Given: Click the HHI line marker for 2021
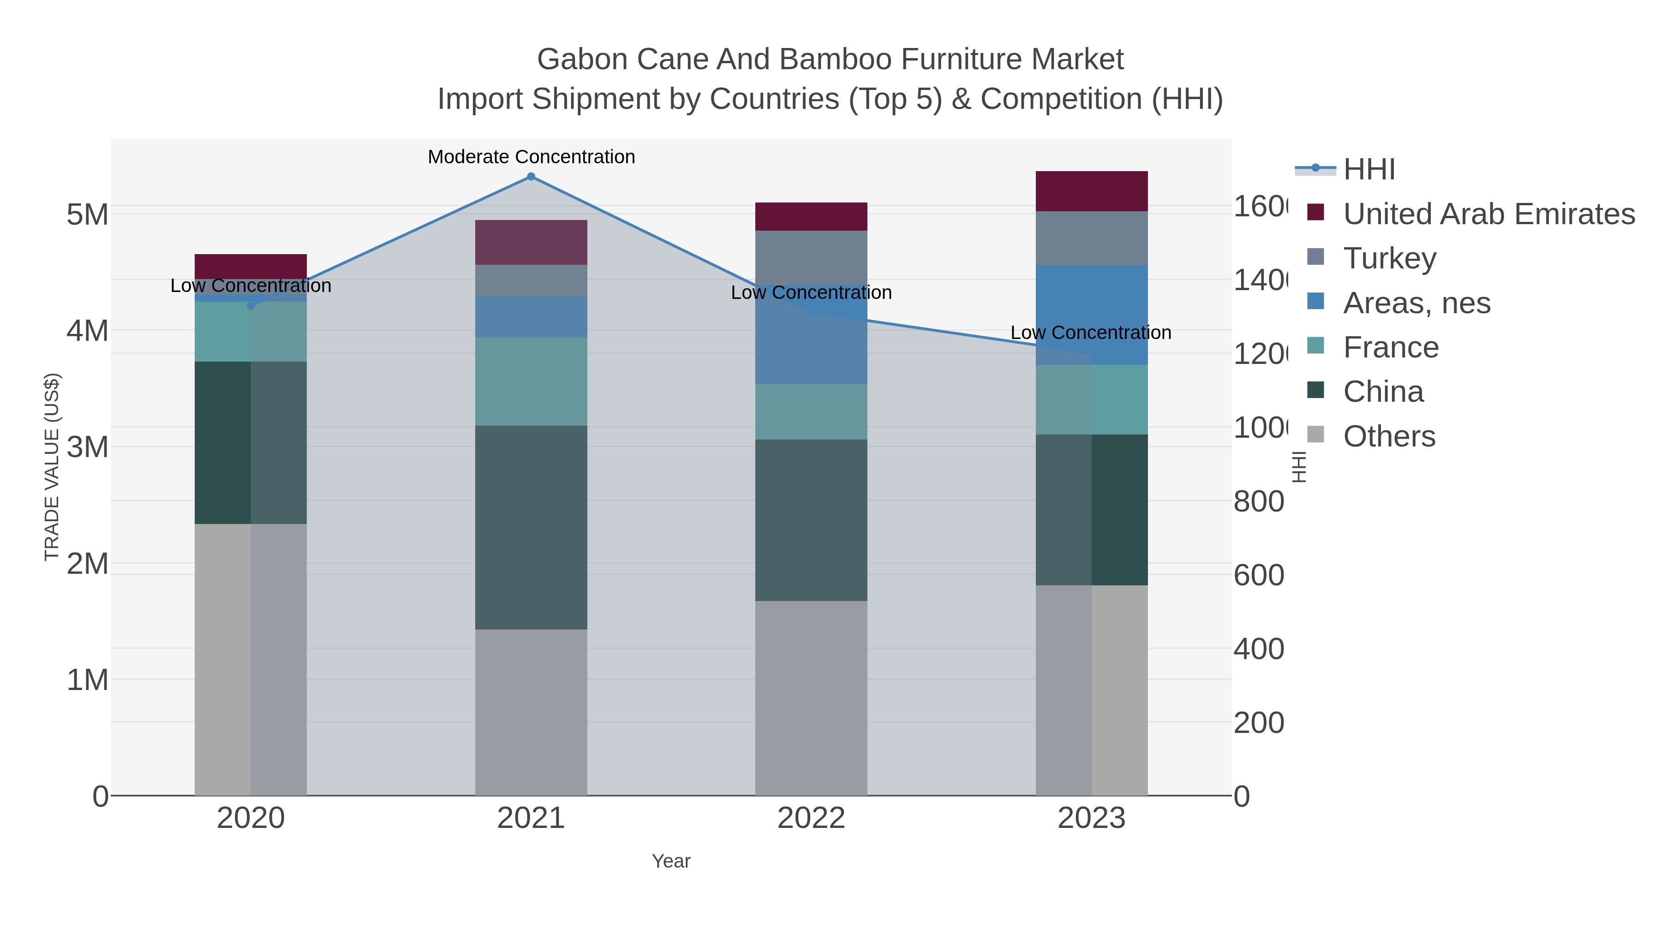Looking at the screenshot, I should (531, 177).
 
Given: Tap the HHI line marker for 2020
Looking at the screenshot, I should (251, 305).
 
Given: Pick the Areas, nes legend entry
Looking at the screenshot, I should (1416, 303).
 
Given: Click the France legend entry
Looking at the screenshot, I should (1390, 347).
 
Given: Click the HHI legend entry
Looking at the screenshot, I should (1368, 170).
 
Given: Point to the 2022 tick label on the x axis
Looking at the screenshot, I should (811, 819).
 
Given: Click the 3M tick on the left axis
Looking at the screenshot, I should (88, 446).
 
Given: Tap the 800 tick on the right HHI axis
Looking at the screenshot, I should (1259, 501).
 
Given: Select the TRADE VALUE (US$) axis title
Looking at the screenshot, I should (52, 467).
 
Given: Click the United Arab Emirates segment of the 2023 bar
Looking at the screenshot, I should (1091, 191).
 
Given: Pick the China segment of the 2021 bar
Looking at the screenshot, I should (531, 527).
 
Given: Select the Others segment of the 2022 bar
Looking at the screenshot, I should (811, 698).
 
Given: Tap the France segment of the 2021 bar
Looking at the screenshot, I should (531, 381).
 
